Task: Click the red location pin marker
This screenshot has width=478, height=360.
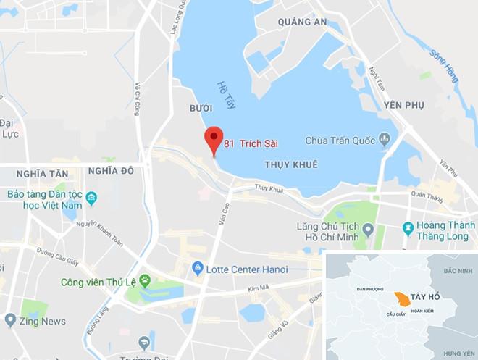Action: (x=213, y=138)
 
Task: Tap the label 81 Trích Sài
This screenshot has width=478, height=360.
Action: (x=251, y=143)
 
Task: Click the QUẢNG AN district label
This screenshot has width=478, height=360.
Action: (x=303, y=22)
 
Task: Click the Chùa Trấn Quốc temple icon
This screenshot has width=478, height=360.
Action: (x=385, y=139)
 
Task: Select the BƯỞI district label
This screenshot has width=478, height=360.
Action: (x=200, y=107)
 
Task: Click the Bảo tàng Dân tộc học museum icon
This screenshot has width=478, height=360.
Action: (x=91, y=198)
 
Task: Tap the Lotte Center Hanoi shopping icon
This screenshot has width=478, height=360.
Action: (x=196, y=269)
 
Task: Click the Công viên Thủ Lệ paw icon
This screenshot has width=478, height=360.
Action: (x=145, y=280)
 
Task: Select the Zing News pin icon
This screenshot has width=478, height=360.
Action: (x=10, y=319)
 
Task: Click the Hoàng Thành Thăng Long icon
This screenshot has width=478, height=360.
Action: (x=408, y=229)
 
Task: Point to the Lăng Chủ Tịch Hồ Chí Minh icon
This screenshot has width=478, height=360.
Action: (x=368, y=230)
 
